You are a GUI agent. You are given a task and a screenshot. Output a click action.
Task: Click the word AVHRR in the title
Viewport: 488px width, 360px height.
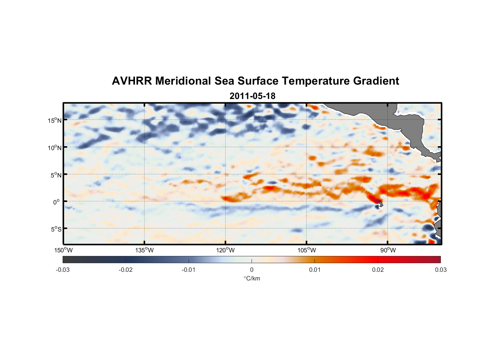pyautogui.click(x=131, y=81)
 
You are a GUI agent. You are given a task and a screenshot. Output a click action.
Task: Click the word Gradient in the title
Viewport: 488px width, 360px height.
pyautogui.click(x=376, y=81)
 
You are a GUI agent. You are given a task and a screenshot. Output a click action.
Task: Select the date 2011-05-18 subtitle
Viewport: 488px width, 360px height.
pyautogui.click(x=252, y=96)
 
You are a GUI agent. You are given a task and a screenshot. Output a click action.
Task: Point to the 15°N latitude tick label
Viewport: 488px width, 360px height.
pyautogui.click(x=55, y=120)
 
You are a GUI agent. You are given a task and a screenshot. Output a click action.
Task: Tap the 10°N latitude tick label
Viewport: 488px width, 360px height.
pyautogui.click(x=55, y=148)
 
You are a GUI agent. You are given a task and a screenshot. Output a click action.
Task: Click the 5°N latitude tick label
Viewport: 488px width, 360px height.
pyautogui.click(x=56, y=175)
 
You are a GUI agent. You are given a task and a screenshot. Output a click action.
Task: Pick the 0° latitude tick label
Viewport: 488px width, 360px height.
pyautogui.click(x=57, y=202)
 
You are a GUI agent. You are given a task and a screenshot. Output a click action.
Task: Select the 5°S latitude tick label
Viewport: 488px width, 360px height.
pyautogui.click(x=56, y=229)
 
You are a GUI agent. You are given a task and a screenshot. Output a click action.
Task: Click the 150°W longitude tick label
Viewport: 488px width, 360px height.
pyautogui.click(x=64, y=250)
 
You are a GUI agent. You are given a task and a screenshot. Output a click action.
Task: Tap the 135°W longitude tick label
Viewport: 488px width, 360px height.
pyautogui.click(x=145, y=250)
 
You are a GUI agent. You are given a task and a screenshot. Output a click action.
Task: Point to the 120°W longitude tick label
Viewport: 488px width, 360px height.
pyautogui.click(x=226, y=250)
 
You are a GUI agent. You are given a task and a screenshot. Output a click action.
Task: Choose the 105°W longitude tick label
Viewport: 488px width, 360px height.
pyautogui.click(x=307, y=250)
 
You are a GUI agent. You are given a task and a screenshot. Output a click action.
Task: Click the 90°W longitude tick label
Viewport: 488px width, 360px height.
pyautogui.click(x=388, y=250)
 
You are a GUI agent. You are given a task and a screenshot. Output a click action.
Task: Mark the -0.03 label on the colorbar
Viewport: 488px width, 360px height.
pyautogui.click(x=63, y=270)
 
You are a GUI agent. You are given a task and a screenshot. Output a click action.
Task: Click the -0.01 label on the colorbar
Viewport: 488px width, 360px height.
pyautogui.click(x=189, y=270)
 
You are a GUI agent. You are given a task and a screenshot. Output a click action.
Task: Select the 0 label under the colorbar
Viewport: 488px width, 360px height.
pyautogui.click(x=252, y=270)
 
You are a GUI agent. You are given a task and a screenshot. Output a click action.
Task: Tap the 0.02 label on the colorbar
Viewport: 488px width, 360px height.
pyautogui.click(x=378, y=270)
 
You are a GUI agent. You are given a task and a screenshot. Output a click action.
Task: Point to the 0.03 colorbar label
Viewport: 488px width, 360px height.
pyautogui.click(x=440, y=270)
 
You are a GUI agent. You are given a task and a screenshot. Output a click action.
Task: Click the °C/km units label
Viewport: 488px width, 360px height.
pyautogui.click(x=252, y=278)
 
